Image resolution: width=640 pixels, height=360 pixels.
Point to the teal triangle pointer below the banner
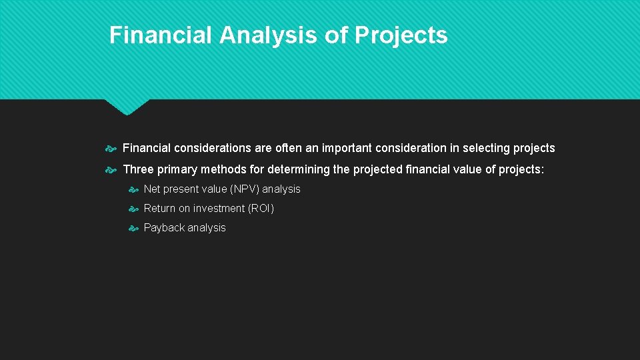coord(127,106)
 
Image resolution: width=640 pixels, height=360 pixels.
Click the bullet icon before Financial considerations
coord(111,148)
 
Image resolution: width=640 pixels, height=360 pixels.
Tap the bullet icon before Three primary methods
coord(111,169)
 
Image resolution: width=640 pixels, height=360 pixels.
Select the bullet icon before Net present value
coord(133,189)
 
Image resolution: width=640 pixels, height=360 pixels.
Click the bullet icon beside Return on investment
coord(133,209)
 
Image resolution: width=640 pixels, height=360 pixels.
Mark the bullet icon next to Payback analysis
coord(133,228)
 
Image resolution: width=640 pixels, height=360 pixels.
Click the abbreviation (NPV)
coord(244,189)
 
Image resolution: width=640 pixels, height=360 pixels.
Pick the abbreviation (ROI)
coord(261,209)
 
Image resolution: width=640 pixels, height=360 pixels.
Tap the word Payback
coord(164,228)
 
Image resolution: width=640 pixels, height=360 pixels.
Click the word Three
coord(139,169)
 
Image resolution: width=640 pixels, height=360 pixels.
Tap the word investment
coord(219,209)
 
